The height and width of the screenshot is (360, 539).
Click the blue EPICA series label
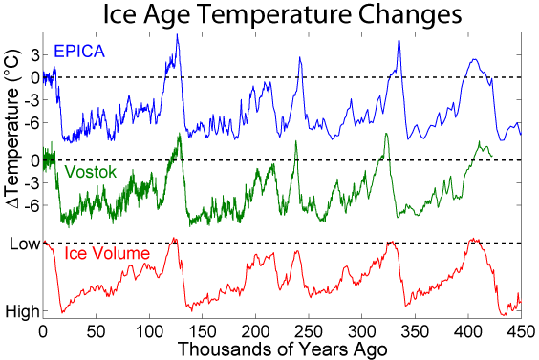point(79,52)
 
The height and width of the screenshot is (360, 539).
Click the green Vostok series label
point(91,172)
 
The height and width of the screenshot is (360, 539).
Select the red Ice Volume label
point(107,253)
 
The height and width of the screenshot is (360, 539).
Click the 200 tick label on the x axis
point(256,332)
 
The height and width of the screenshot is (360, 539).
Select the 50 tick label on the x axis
point(97,332)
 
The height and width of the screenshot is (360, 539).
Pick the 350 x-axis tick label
point(416,332)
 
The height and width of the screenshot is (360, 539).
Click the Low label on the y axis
point(25,244)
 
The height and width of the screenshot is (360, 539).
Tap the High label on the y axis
point(22,312)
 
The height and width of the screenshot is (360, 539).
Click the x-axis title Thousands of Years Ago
point(283,349)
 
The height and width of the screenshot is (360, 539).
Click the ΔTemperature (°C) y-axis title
point(13,129)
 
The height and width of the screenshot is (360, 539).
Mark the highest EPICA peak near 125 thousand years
point(178,34)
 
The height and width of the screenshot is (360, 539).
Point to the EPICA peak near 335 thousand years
point(399,41)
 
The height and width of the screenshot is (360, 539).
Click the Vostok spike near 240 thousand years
point(295,141)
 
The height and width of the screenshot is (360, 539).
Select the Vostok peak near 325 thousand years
point(386,134)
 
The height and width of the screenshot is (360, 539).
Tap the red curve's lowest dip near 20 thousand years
point(62,312)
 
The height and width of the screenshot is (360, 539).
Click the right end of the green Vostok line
point(492,157)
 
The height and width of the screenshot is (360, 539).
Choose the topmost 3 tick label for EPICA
point(35,55)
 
